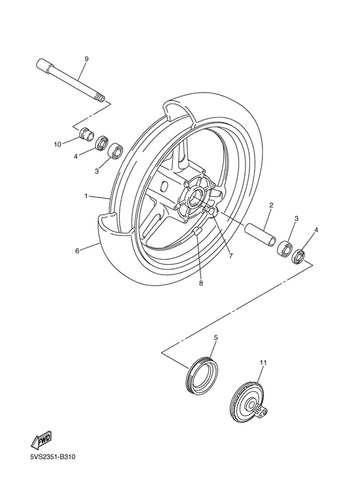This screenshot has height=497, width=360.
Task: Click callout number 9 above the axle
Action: point(85,59)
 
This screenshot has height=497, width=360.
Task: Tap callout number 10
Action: point(57,145)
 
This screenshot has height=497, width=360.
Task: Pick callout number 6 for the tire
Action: point(77,251)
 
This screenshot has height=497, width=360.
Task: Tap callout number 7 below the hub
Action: point(230,255)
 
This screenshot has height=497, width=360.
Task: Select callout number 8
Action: point(200,282)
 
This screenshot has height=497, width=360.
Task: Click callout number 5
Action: point(215,337)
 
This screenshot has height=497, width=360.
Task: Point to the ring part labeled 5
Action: point(201,374)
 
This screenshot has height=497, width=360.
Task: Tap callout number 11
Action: point(262,363)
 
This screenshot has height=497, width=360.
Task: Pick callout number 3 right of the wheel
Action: point(295,219)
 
